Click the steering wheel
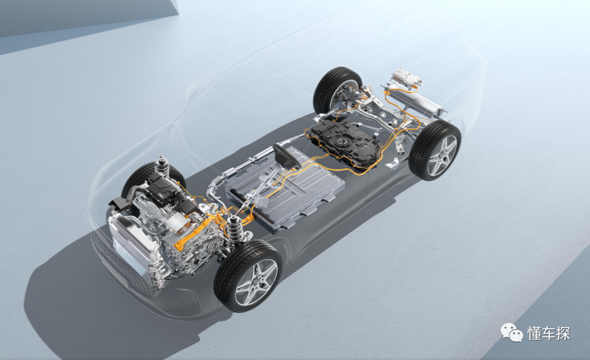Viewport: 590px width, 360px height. point(287,155)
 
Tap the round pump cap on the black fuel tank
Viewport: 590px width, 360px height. point(343,142)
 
